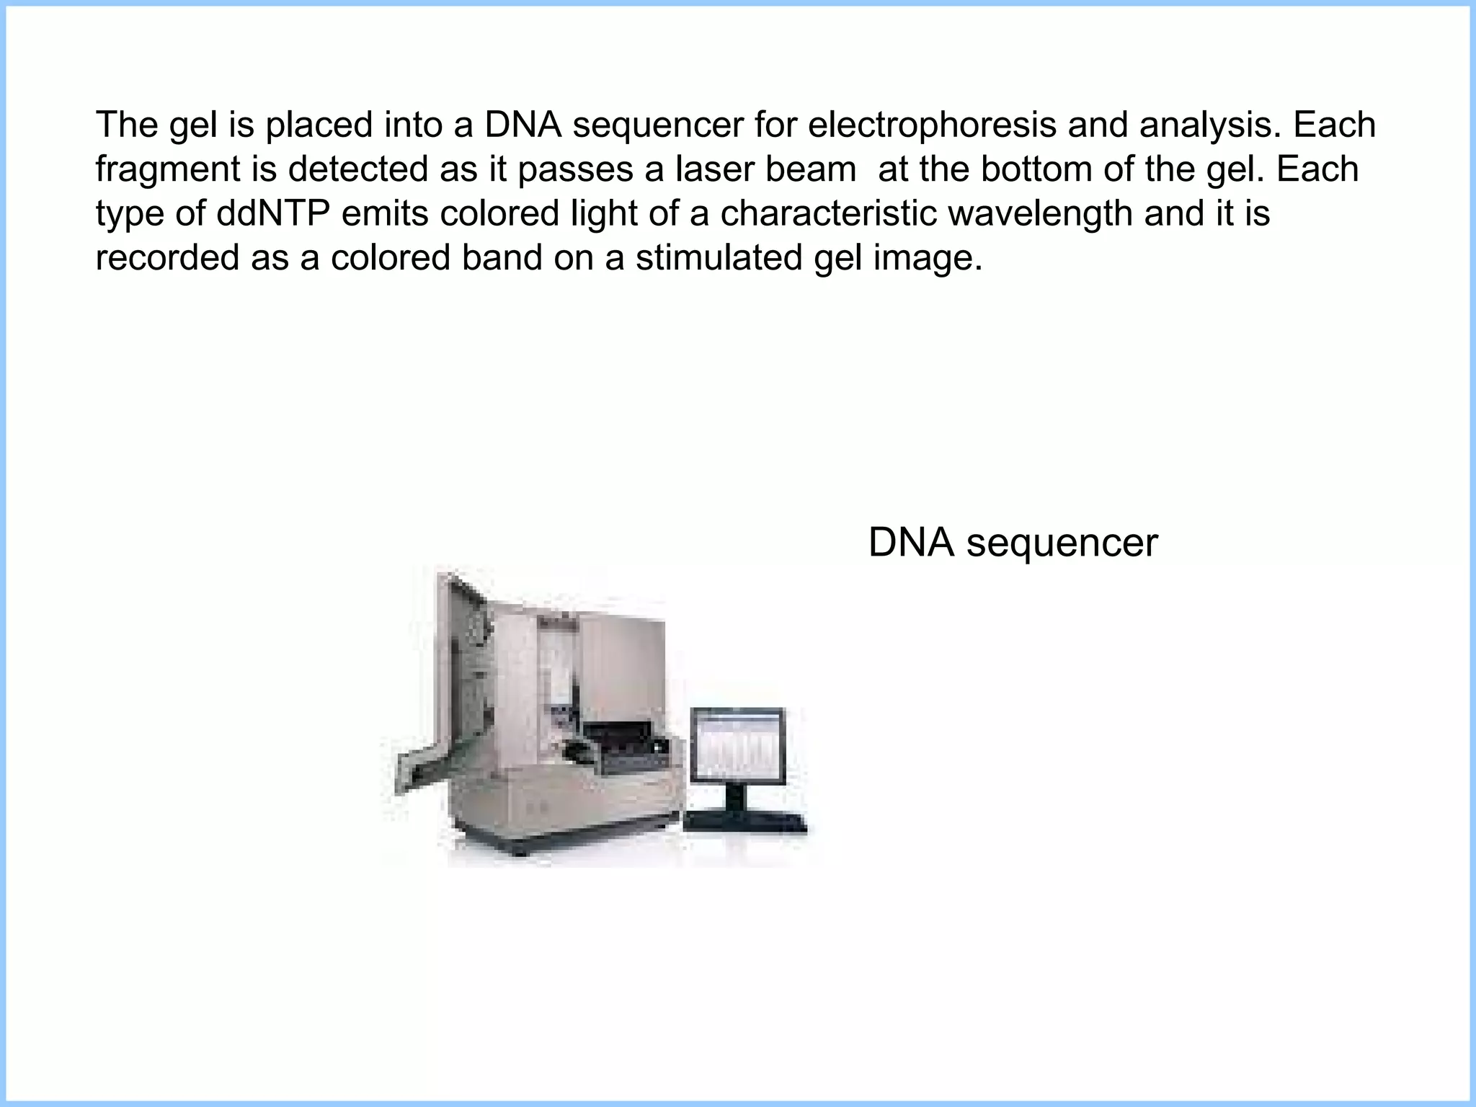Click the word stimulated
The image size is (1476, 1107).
(719, 258)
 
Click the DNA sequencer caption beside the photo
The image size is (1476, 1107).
(1013, 543)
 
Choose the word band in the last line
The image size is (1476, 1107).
(502, 258)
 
